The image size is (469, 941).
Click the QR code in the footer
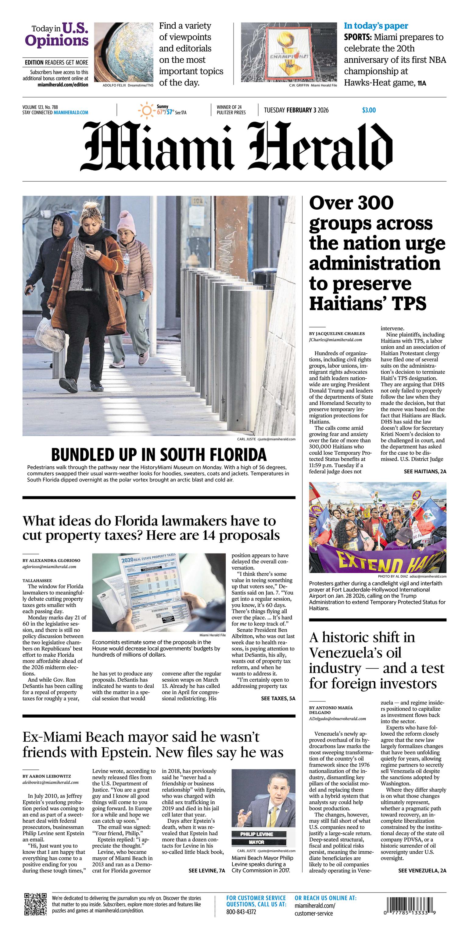click(x=35, y=904)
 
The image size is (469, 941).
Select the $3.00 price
click(x=369, y=110)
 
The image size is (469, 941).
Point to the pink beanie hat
click(x=126, y=223)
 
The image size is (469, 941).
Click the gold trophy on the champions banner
click(x=288, y=51)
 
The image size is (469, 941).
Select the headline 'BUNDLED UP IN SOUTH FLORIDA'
click(x=159, y=455)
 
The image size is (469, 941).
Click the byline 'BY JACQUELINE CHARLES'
click(x=337, y=333)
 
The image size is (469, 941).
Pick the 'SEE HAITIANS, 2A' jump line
click(x=425, y=472)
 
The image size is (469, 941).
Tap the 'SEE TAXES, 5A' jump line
click(x=278, y=698)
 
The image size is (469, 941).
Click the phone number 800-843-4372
click(x=241, y=912)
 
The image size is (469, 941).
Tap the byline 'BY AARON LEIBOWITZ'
click(x=47, y=776)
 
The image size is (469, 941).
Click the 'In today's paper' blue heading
click(x=376, y=26)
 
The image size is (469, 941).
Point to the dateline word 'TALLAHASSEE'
click(x=37, y=580)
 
